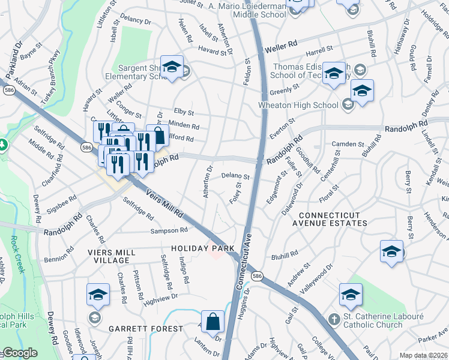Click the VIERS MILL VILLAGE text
point(108,256)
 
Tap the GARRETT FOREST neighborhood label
point(146,329)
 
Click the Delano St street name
point(235,176)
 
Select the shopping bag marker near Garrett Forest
point(212,322)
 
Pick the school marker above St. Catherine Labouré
point(351,295)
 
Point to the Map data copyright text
point(423,355)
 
